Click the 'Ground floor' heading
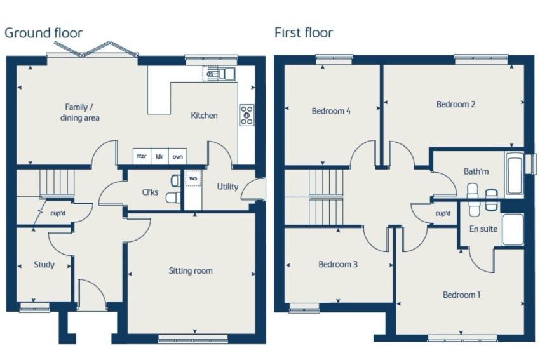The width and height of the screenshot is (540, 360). [43, 33]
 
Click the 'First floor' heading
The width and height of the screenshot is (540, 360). [304, 32]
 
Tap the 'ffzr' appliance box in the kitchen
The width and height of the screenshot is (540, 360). [142, 156]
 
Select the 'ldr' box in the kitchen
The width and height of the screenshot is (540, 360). [159, 156]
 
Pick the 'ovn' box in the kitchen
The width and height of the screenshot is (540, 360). [178, 156]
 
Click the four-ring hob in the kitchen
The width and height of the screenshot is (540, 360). [247, 115]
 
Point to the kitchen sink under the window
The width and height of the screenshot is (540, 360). [219, 73]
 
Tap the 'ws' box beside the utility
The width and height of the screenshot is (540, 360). [193, 178]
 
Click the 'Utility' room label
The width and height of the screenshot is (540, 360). [227, 187]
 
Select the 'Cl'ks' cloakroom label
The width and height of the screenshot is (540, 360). [150, 192]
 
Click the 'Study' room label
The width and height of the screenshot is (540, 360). [44, 265]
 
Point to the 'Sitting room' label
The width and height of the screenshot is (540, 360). [191, 271]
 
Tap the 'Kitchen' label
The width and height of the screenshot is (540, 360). [204, 116]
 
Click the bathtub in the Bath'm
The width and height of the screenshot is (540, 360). [515, 175]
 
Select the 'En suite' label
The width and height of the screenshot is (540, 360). [483, 229]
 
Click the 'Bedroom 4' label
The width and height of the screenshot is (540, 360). [331, 111]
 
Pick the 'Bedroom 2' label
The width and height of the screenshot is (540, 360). [456, 104]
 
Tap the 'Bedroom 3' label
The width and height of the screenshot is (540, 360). [338, 264]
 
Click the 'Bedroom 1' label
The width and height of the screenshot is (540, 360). [461, 295]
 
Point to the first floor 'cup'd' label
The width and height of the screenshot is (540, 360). [443, 213]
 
